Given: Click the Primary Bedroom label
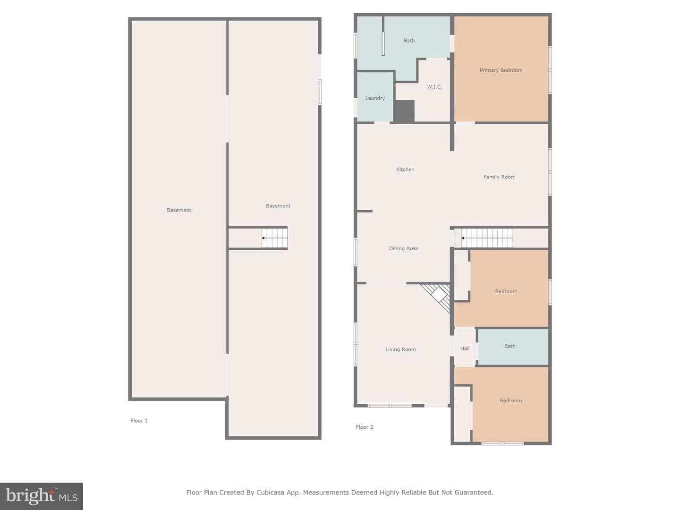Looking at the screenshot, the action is point(501,70).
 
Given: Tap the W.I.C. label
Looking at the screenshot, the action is point(434,87).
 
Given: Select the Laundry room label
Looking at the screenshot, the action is point(375,98).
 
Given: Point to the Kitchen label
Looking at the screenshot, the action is point(405,170).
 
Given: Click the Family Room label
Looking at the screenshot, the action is point(500,177).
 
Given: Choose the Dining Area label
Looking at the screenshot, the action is point(403,248).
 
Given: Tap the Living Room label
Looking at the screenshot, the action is point(400,349).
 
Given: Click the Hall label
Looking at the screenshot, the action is point(465,348).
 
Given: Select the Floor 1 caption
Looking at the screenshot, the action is point(139,420).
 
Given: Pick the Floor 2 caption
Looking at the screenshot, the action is point(364,427).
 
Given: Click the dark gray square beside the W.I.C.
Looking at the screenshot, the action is point(404,111).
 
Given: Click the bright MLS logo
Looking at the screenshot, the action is point(42,496).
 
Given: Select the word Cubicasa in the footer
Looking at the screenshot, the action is point(270,492).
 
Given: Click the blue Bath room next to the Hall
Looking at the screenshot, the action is point(513,347).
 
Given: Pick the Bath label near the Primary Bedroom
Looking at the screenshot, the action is point(409,41).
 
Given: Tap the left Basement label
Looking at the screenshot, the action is point(179,210).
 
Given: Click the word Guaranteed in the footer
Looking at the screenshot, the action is point(476,492).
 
